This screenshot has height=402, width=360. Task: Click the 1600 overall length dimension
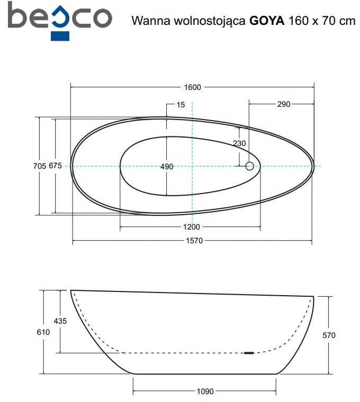[x=193, y=87]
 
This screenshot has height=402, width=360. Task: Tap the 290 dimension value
[x=284, y=104]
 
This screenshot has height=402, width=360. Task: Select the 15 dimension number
[x=181, y=105]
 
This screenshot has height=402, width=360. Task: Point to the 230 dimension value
[x=239, y=143]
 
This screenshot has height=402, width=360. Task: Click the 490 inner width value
[x=167, y=167]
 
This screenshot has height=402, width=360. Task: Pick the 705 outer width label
[x=40, y=166]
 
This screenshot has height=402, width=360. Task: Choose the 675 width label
[x=56, y=166]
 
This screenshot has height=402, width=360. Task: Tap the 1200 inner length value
[x=192, y=226]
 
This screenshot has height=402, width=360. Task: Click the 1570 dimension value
[x=194, y=241]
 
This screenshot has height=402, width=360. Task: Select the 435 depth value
[x=60, y=321]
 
